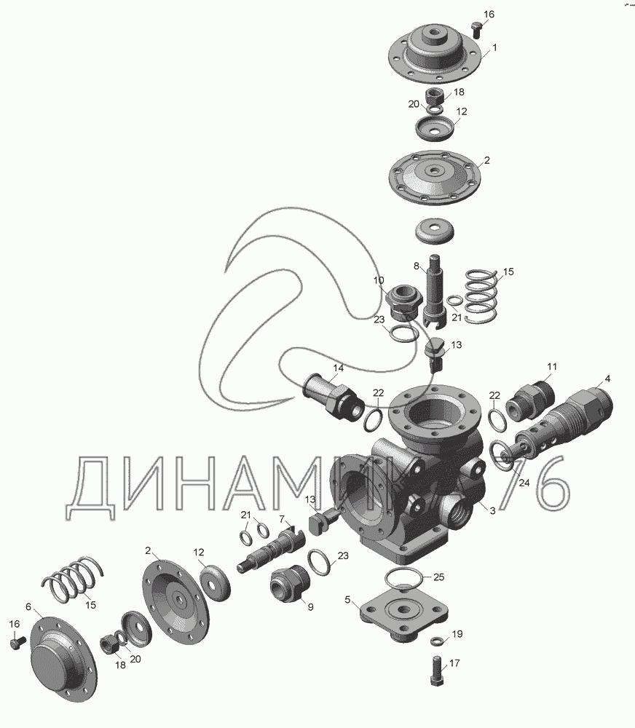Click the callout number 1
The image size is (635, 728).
click(x=494, y=47)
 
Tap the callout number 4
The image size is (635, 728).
click(x=607, y=379)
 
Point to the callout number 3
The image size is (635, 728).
click(x=492, y=511)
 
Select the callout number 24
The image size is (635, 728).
click(x=524, y=483)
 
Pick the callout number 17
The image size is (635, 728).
click(x=454, y=663)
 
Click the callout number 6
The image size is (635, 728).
click(x=28, y=607)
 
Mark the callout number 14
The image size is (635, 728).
click(x=338, y=368)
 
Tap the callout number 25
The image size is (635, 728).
click(x=438, y=577)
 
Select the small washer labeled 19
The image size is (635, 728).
click(x=437, y=641)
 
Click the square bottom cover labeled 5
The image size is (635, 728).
click(x=405, y=615)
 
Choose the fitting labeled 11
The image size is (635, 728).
click(x=529, y=400)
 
